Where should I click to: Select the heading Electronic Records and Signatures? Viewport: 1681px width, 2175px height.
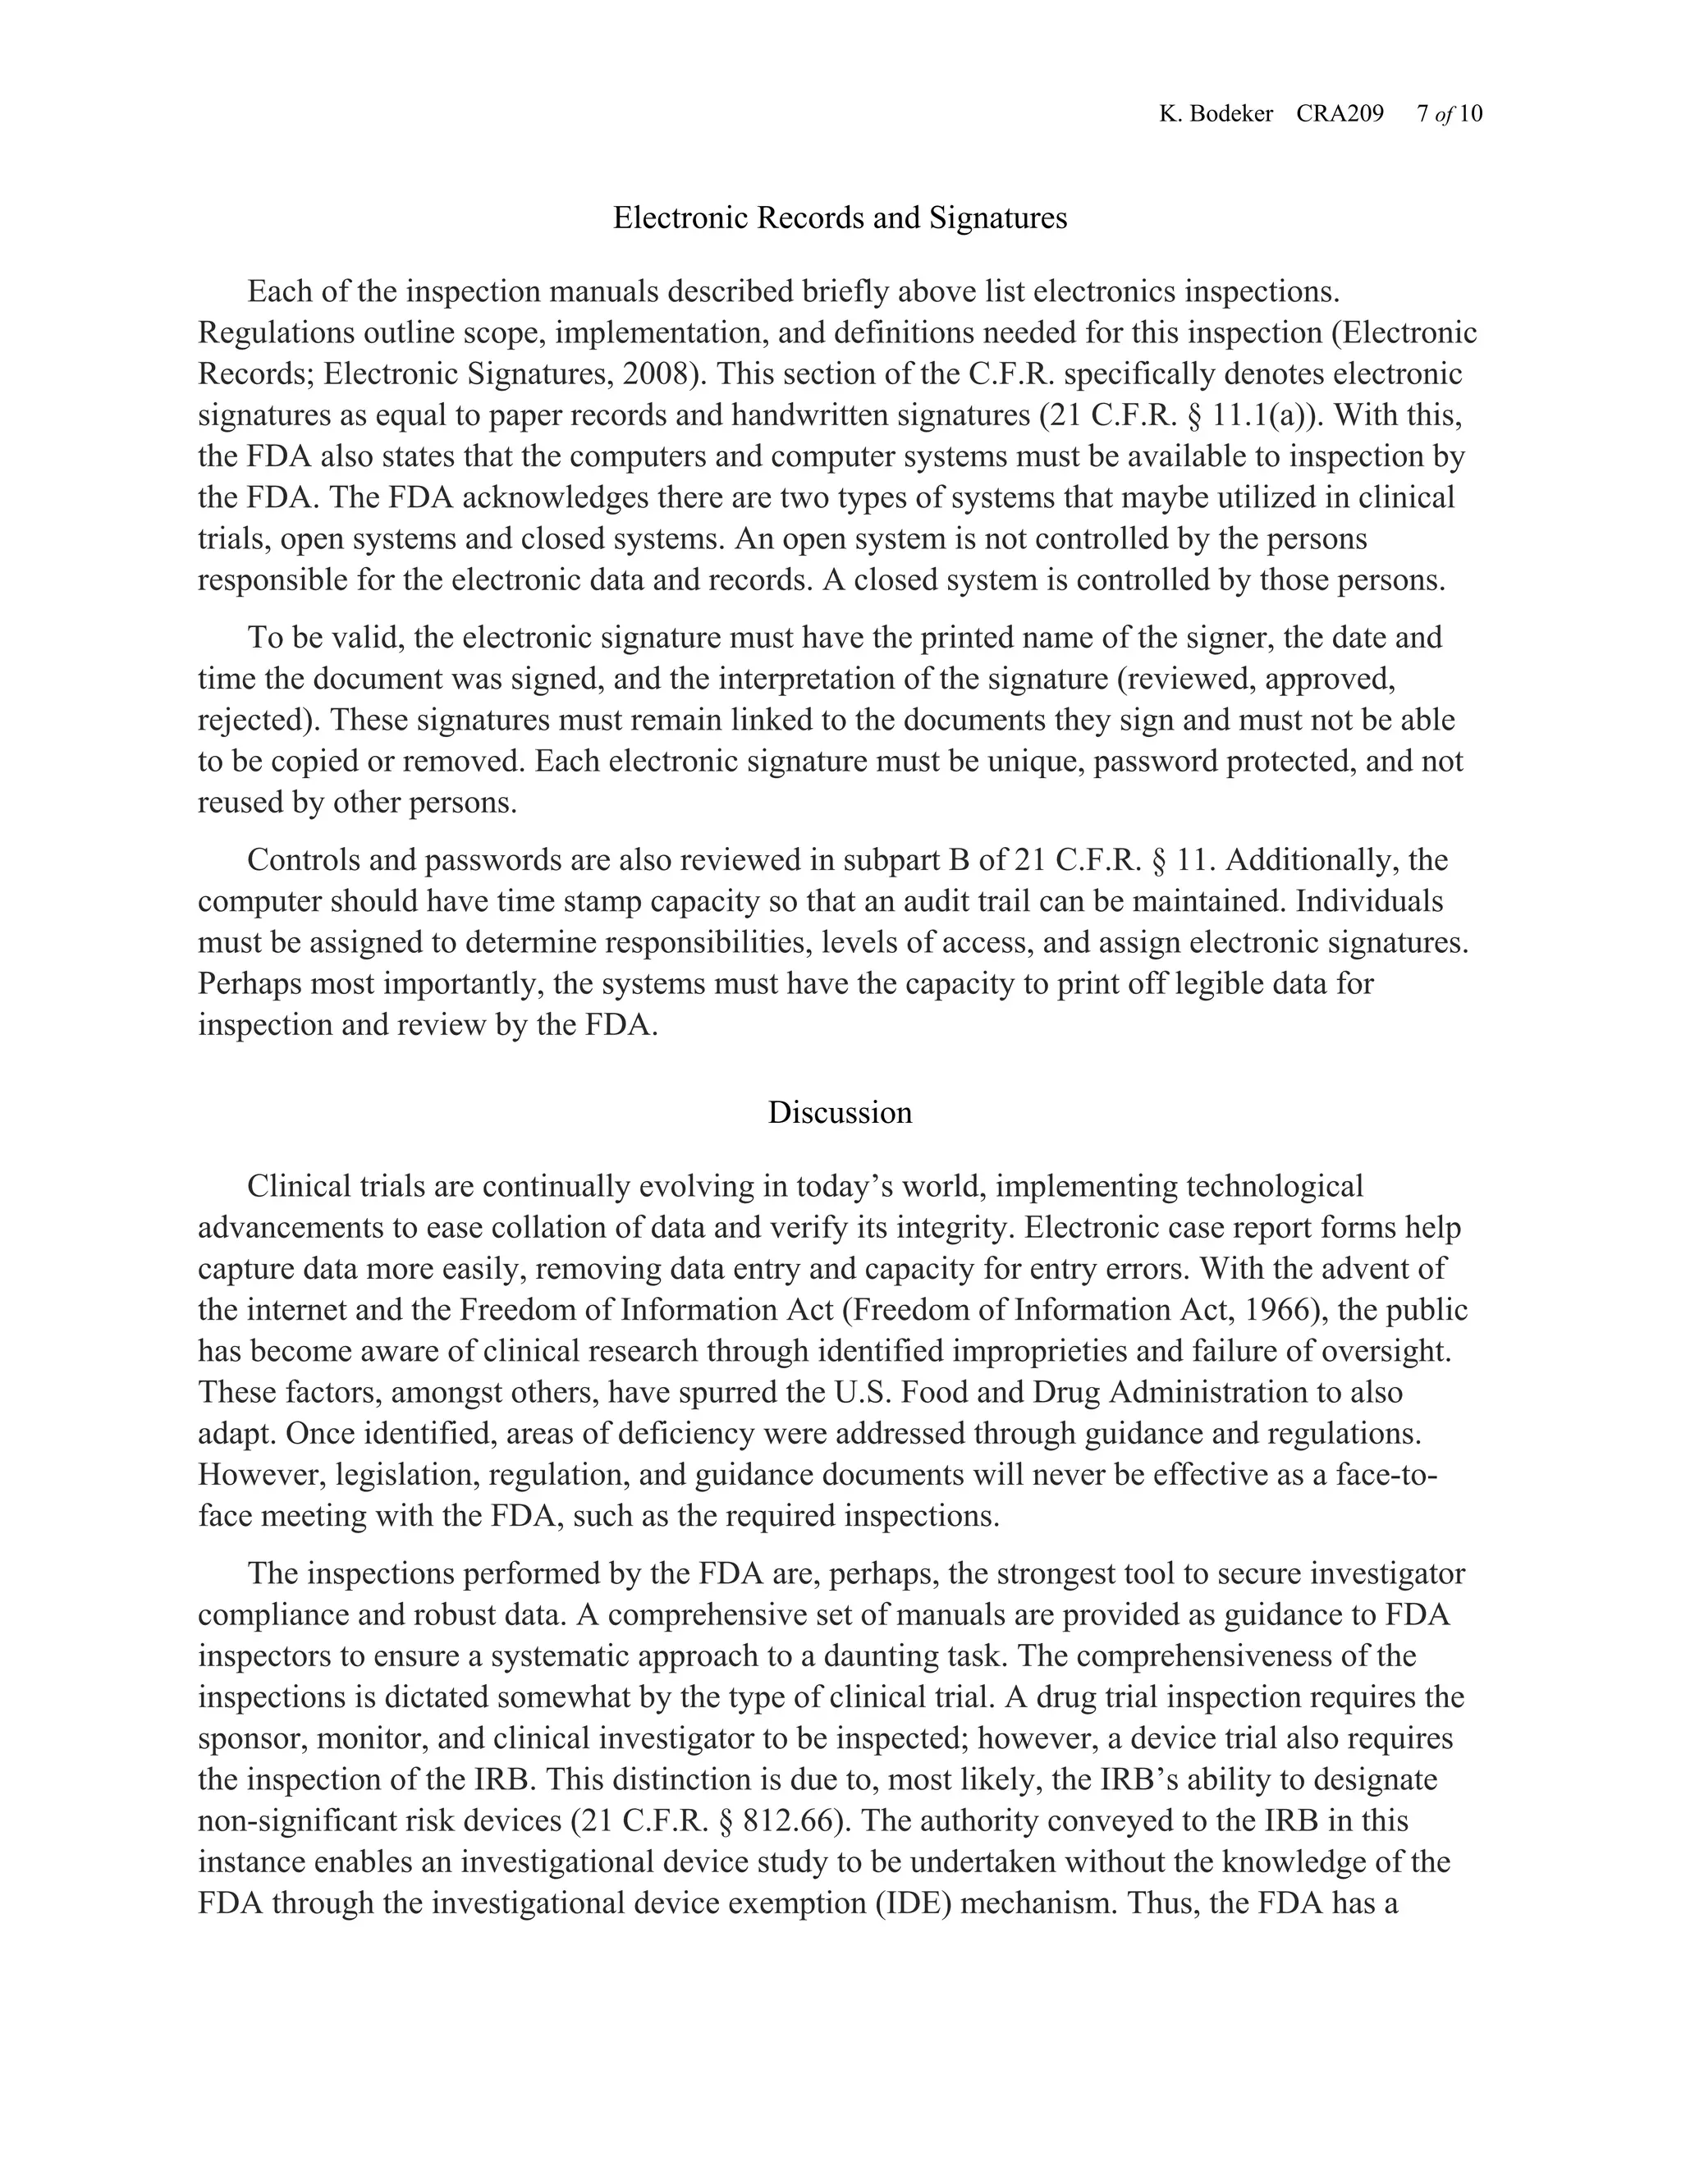coord(840,218)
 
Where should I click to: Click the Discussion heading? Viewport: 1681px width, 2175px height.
coord(840,1112)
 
